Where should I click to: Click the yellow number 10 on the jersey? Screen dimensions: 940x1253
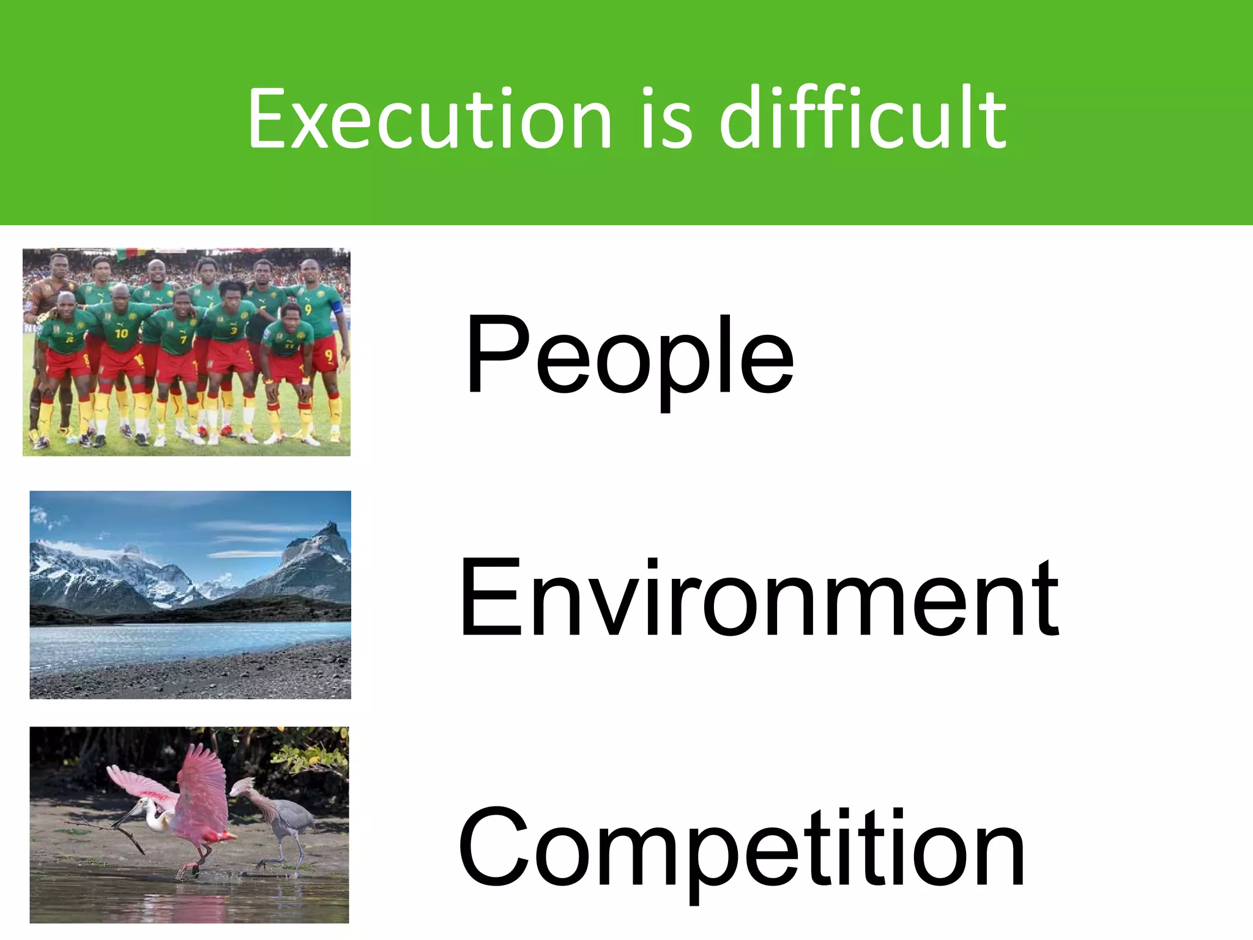pyautogui.click(x=121, y=333)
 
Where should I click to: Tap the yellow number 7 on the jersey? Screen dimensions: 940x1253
pyautogui.click(x=183, y=338)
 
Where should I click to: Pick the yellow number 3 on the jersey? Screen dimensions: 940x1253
pyautogui.click(x=233, y=331)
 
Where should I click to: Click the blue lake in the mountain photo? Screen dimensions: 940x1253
pyautogui.click(x=184, y=636)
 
